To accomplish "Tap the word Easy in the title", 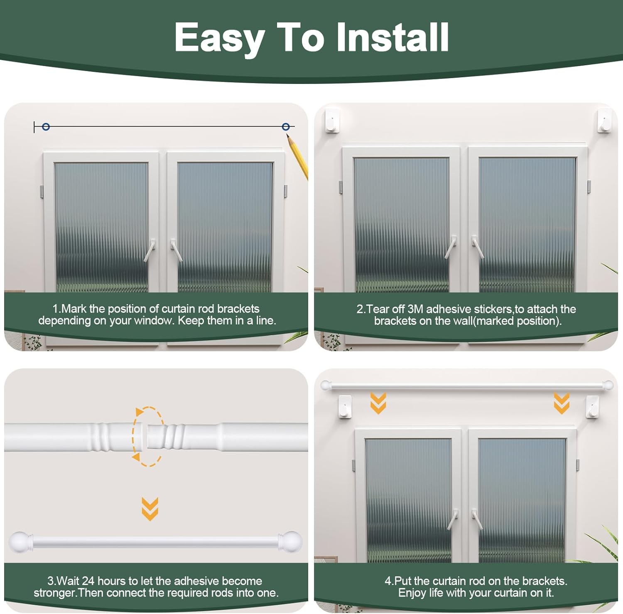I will tap(219, 38).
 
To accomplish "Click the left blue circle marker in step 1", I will tap(46, 127).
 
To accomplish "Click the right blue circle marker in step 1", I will tap(286, 127).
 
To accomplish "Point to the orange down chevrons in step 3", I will tap(150, 508).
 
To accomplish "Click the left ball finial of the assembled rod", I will tap(18, 541).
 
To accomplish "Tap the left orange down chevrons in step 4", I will tap(378, 403).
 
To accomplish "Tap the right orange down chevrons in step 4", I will tap(562, 403).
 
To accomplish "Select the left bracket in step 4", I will tap(345, 407).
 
